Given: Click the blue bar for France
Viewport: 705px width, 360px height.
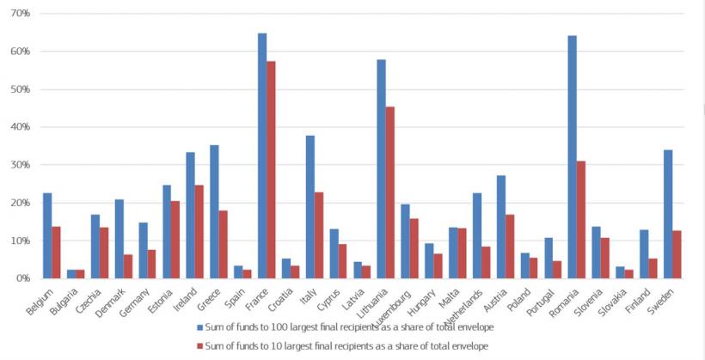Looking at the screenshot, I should [x=262, y=156].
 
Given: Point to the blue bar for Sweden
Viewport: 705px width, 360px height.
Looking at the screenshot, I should [x=667, y=214].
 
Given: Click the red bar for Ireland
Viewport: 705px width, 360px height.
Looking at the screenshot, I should [x=200, y=231].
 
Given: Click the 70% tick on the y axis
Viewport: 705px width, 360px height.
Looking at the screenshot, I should [x=19, y=14].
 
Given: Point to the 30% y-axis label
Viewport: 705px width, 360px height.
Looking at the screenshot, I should [x=19, y=165].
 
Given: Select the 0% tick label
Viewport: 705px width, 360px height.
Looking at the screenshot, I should [x=21, y=278].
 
